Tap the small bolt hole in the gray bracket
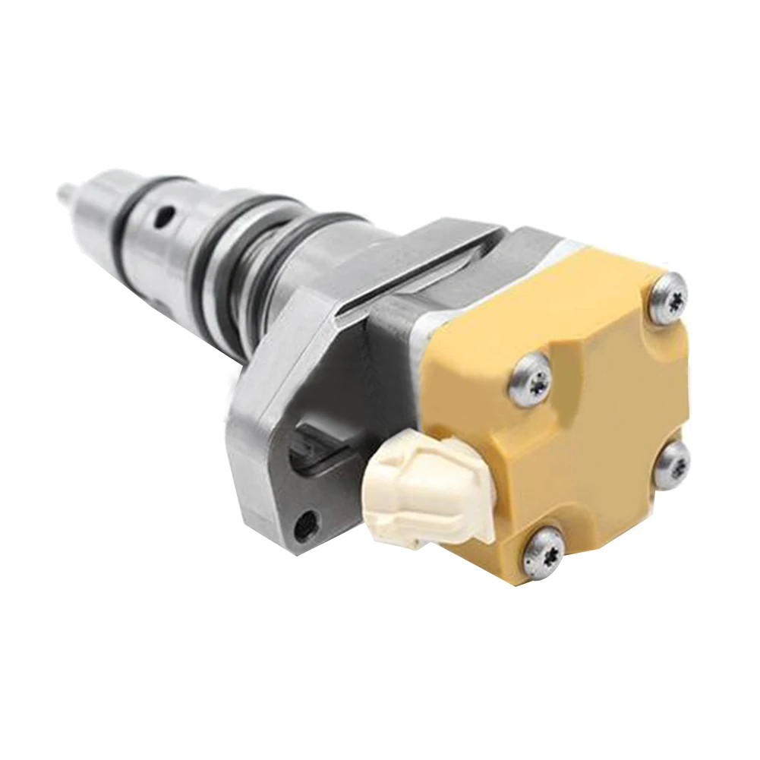[x=307, y=521]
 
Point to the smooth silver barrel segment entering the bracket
[x=319, y=273]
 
